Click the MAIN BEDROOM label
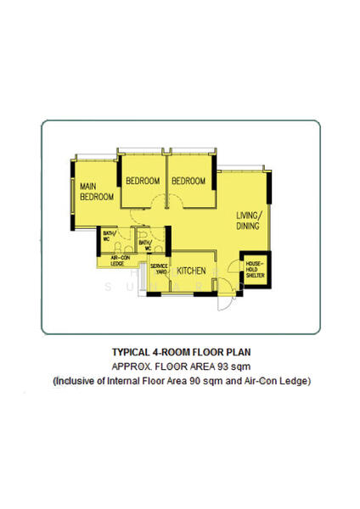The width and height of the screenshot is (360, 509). [x=96, y=191]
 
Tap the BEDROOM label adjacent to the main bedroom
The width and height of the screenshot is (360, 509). [x=143, y=181]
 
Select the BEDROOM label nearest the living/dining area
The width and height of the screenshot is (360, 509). [x=188, y=181]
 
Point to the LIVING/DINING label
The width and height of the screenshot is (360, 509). [x=250, y=221]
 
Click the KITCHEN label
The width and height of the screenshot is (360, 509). [x=191, y=271]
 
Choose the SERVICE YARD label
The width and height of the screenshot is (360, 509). [x=159, y=269]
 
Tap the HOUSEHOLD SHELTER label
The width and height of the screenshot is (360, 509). [x=255, y=269]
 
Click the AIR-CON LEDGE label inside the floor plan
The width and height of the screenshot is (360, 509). [x=118, y=261]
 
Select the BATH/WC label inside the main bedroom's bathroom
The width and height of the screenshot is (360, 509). [x=109, y=236]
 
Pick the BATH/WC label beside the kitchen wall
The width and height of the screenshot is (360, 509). [x=144, y=246]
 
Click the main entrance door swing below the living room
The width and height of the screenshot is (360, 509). [x=222, y=302]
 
